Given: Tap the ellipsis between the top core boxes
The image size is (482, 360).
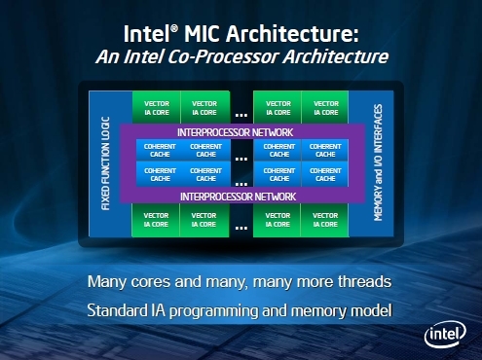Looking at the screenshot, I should click(x=240, y=112).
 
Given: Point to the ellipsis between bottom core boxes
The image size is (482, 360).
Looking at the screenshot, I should click(x=240, y=225).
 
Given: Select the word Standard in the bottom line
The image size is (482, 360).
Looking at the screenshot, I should click(x=121, y=312).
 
